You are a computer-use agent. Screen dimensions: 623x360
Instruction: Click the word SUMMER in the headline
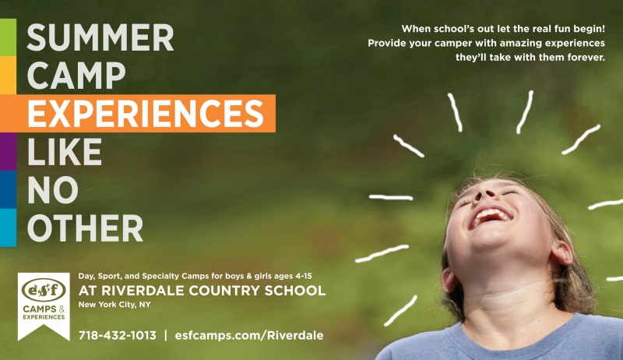tap(100, 37)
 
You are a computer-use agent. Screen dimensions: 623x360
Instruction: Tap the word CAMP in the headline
tap(76, 76)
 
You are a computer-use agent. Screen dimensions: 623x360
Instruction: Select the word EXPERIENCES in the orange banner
tap(146, 113)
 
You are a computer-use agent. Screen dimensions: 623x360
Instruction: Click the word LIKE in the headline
tap(65, 151)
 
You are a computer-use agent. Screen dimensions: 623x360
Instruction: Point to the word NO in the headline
tap(53, 189)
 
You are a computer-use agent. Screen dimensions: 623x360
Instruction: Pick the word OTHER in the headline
tap(85, 228)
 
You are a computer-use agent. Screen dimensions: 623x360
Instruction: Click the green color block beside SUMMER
tap(8, 37)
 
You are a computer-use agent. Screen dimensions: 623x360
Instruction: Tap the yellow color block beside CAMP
tap(8, 75)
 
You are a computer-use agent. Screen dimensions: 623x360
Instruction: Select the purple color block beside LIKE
tap(8, 151)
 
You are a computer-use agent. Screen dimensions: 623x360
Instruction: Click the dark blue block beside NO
tap(8, 189)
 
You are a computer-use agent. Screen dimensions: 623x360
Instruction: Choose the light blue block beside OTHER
tap(8, 228)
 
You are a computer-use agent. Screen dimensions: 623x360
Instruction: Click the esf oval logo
tap(44, 290)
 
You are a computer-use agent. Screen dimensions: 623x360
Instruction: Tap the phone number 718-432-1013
tap(118, 335)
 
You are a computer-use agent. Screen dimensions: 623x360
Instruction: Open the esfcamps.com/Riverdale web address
tap(249, 335)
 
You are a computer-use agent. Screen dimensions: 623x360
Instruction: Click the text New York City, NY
tap(114, 305)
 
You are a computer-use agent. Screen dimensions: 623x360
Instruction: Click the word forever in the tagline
tap(586, 57)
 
